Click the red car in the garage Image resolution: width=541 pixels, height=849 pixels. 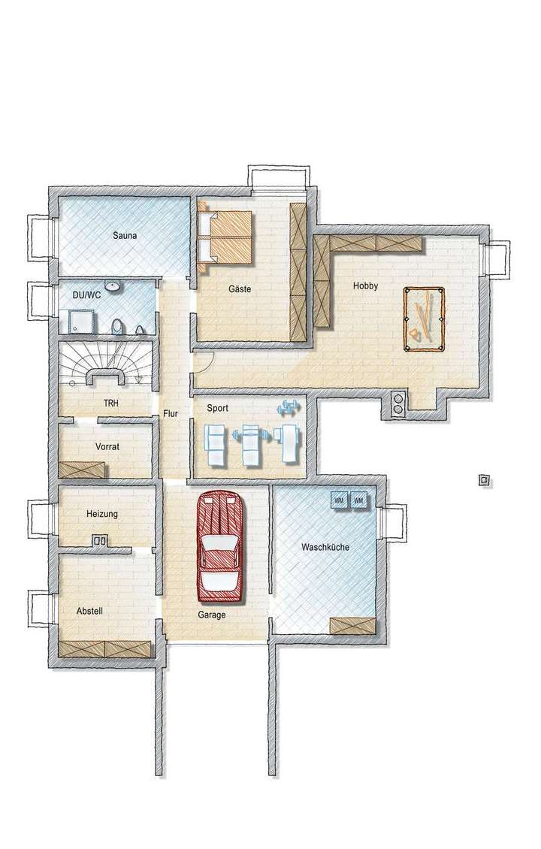pyautogui.click(x=222, y=546)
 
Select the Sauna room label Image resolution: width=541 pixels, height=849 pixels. pyautogui.click(x=125, y=236)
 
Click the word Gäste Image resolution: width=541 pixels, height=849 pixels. pyautogui.click(x=240, y=289)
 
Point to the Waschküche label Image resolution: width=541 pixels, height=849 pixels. pyautogui.click(x=325, y=547)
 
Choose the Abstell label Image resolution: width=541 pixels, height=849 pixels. pyautogui.click(x=89, y=611)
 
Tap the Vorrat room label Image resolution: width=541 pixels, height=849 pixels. pyautogui.click(x=107, y=446)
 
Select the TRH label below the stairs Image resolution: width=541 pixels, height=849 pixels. pyautogui.click(x=111, y=403)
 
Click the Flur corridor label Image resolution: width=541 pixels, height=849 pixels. pyautogui.click(x=170, y=413)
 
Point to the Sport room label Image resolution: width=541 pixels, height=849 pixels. pyautogui.click(x=217, y=409)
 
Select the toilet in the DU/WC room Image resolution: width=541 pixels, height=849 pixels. pyautogui.click(x=116, y=326)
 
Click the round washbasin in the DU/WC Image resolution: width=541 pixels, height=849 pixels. pyautogui.click(x=113, y=286)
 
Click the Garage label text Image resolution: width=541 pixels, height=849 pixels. pyautogui.click(x=212, y=614)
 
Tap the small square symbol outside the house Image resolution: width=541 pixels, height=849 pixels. pyautogui.click(x=485, y=479)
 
